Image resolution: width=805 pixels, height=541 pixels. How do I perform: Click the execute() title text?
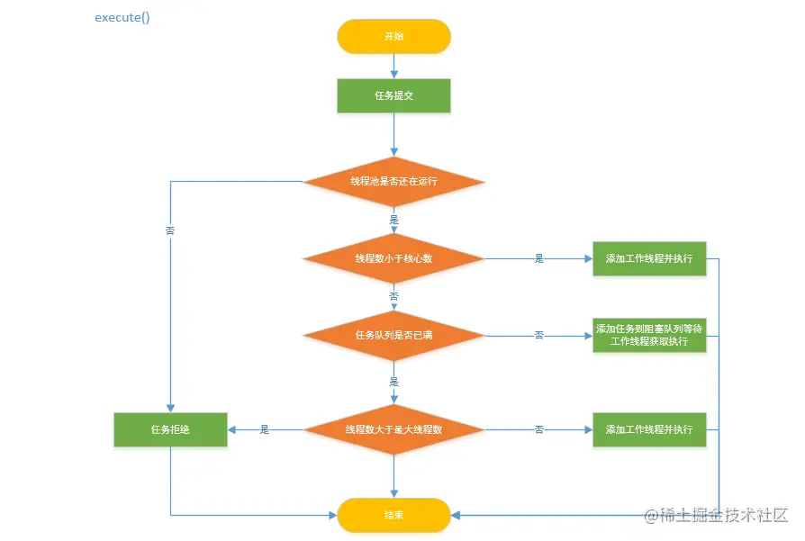click(x=122, y=18)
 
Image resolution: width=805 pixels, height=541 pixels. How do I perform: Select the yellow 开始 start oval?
click(x=393, y=37)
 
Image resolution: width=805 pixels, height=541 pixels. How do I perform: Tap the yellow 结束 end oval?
click(x=393, y=515)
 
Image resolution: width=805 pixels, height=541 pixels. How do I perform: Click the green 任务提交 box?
click(x=393, y=95)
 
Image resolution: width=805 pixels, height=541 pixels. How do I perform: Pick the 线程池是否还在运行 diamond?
click(x=393, y=182)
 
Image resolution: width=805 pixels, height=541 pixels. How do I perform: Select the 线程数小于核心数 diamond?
click(x=393, y=258)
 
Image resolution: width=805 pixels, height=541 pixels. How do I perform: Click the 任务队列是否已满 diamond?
click(x=393, y=336)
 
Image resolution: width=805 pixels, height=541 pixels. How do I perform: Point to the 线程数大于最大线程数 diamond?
click(x=393, y=429)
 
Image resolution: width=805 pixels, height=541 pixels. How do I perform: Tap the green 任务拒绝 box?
click(x=170, y=429)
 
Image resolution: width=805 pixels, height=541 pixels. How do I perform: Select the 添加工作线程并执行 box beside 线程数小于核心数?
click(x=649, y=258)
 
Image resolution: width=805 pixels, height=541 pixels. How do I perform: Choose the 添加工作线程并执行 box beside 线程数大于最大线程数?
click(x=649, y=429)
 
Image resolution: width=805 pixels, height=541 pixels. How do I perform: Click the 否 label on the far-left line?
click(x=170, y=230)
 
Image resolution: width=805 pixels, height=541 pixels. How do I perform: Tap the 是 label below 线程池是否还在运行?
click(x=393, y=220)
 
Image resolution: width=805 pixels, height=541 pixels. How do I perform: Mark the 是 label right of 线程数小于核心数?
click(x=538, y=258)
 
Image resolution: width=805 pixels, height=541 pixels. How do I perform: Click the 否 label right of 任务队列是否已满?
click(x=538, y=336)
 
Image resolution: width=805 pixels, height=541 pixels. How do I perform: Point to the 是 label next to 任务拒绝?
click(x=265, y=429)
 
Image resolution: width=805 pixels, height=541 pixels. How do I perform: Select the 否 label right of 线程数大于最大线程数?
click(x=538, y=429)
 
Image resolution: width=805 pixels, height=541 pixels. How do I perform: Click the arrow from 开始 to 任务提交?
click(x=393, y=66)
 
